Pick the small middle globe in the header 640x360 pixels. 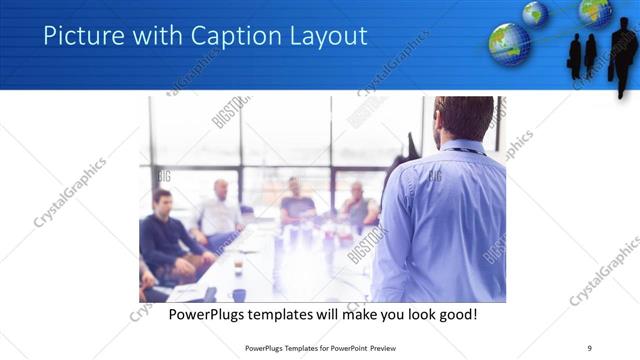pyautogui.click(x=535, y=13)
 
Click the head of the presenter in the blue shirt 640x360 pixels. pyautogui.click(x=464, y=118)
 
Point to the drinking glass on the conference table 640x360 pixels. pyautogui.click(x=238, y=267)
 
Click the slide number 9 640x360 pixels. pyautogui.click(x=590, y=349)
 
